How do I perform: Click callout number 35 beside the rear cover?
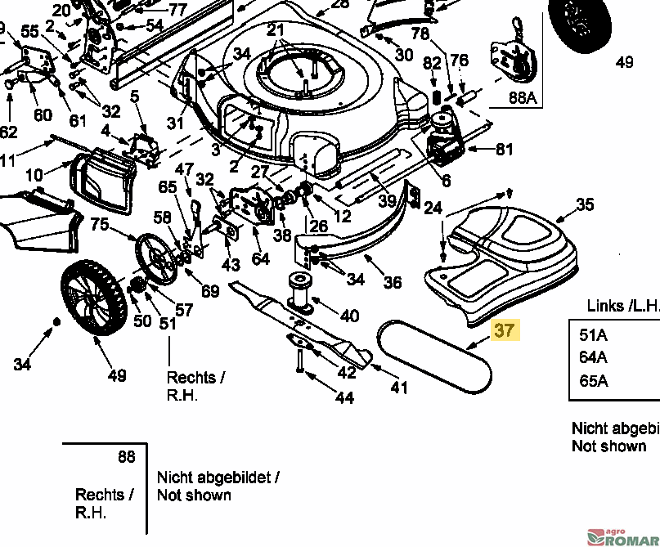[x=585, y=205]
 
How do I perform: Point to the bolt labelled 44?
[x=344, y=398]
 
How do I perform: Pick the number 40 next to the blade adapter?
[x=349, y=316]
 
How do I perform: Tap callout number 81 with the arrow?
[x=505, y=150]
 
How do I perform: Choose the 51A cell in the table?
[x=593, y=334]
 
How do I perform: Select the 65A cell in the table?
[x=593, y=381]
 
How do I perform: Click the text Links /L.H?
[x=622, y=306]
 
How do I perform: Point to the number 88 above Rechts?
[x=126, y=457]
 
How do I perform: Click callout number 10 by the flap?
[x=34, y=175]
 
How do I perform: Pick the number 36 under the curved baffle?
[x=393, y=282]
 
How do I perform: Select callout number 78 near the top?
[x=420, y=34]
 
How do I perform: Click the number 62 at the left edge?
[x=7, y=132]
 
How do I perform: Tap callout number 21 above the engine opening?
[x=276, y=31]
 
